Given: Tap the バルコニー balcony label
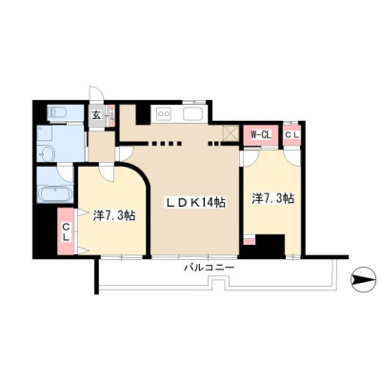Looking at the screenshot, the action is (210, 268).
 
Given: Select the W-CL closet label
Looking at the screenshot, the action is (260, 135).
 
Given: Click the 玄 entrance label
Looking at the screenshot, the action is (96, 115).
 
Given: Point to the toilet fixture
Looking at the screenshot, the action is (56, 112).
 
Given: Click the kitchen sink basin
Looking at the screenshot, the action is (194, 114).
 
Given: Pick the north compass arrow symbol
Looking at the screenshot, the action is (363, 280).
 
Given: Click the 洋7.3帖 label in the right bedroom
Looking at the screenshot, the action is (273, 198).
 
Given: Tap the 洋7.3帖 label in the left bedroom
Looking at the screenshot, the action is (114, 215).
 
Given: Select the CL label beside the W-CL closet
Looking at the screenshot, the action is (291, 134).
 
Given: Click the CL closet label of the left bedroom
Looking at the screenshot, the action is (66, 231).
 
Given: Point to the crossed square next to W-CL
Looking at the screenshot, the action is (231, 132).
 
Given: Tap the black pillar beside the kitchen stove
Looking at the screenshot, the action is (143, 113).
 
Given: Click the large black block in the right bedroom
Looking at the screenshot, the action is (270, 246).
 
